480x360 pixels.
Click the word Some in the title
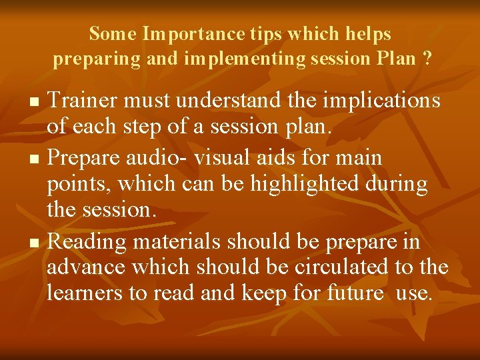113,33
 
